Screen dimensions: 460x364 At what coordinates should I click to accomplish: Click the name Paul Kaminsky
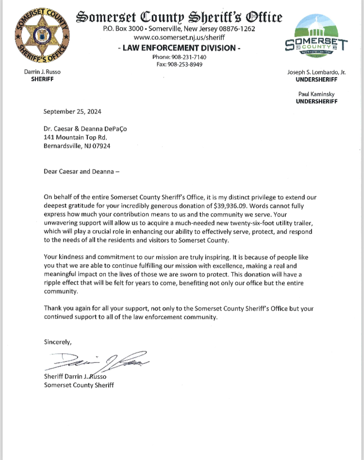[316, 94]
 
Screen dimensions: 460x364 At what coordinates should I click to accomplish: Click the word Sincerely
[58, 342]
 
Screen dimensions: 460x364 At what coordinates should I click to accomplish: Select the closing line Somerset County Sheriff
[79, 385]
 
